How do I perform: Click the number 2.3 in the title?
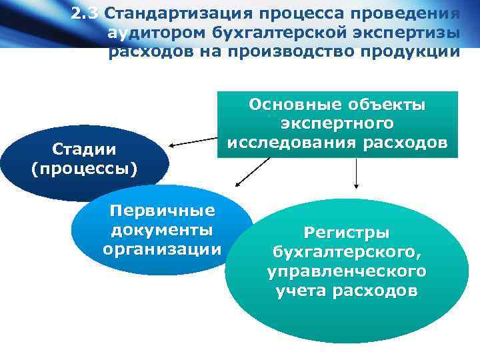pyautogui.click(x=85, y=13)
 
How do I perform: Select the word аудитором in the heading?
pyautogui.click(x=157, y=32)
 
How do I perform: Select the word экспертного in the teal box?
pyautogui.click(x=337, y=123)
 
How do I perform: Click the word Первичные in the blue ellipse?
pyautogui.click(x=163, y=211)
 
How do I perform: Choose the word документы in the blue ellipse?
pyautogui.click(x=163, y=230)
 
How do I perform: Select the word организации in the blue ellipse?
pyautogui.click(x=163, y=249)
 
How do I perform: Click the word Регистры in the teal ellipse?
pyautogui.click(x=347, y=233)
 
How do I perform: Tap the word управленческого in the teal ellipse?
pyautogui.click(x=347, y=271)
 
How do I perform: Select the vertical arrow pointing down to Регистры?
pyautogui.click(x=357, y=175)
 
